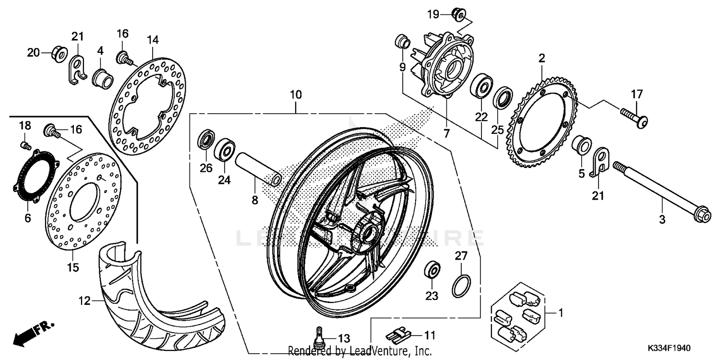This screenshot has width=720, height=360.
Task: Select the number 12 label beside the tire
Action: click(x=84, y=301)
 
